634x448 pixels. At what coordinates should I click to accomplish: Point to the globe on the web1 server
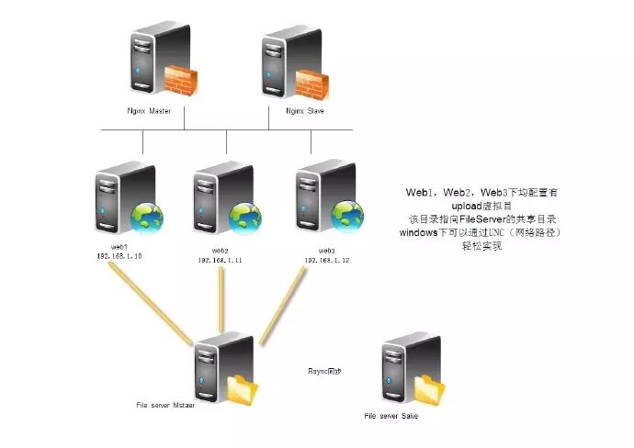coord(145,218)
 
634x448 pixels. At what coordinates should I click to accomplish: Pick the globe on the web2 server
coord(245,217)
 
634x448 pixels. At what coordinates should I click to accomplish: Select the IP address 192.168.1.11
coord(220,260)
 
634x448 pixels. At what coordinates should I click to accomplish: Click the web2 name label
coord(220,251)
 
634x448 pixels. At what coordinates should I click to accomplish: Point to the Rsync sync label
coord(324,371)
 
